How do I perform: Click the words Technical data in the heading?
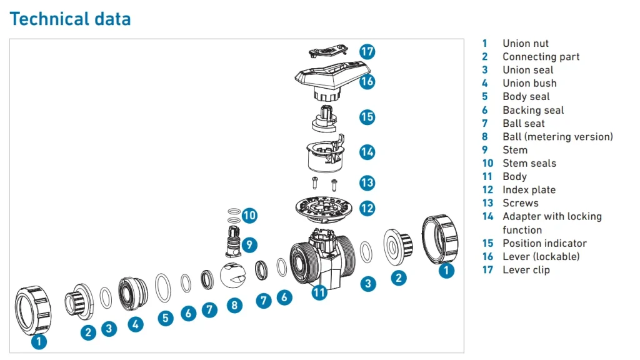(x=71, y=19)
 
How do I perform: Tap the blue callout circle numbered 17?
(x=367, y=51)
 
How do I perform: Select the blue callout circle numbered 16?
(x=367, y=81)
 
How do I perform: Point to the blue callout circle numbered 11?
(x=319, y=291)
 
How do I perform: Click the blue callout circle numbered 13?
(x=367, y=182)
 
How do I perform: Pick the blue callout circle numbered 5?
(x=165, y=317)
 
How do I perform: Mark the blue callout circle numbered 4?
(x=136, y=324)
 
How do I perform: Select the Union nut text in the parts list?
(x=525, y=43)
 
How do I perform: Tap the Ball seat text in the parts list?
(x=523, y=123)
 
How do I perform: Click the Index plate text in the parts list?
(x=529, y=190)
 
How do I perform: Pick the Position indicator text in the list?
(x=544, y=243)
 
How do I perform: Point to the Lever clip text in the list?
(x=526, y=270)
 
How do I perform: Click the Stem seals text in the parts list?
(x=529, y=163)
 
